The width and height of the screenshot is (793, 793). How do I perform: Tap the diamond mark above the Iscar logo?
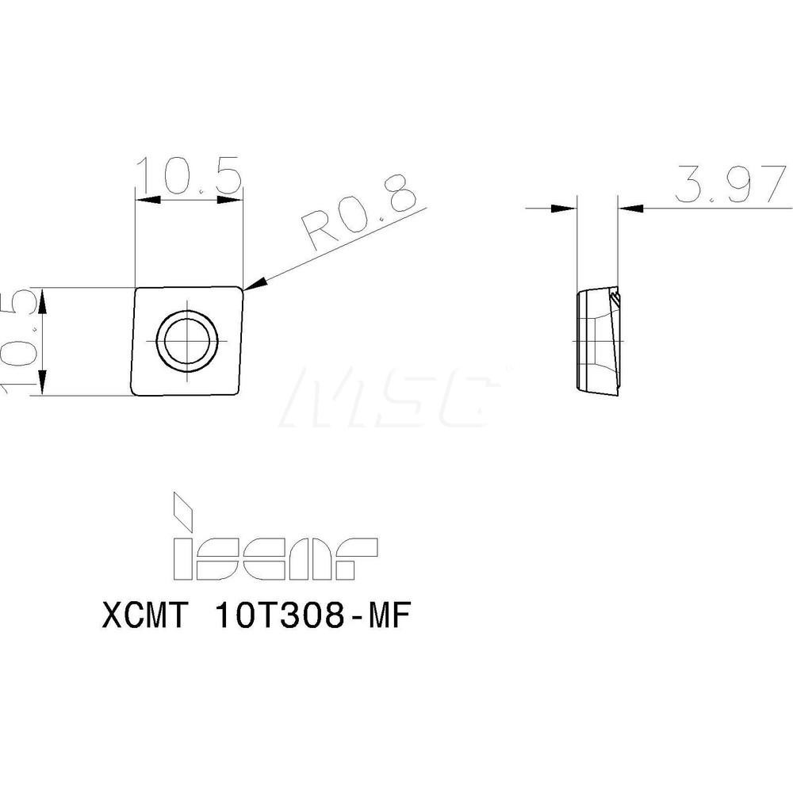click(x=183, y=511)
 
